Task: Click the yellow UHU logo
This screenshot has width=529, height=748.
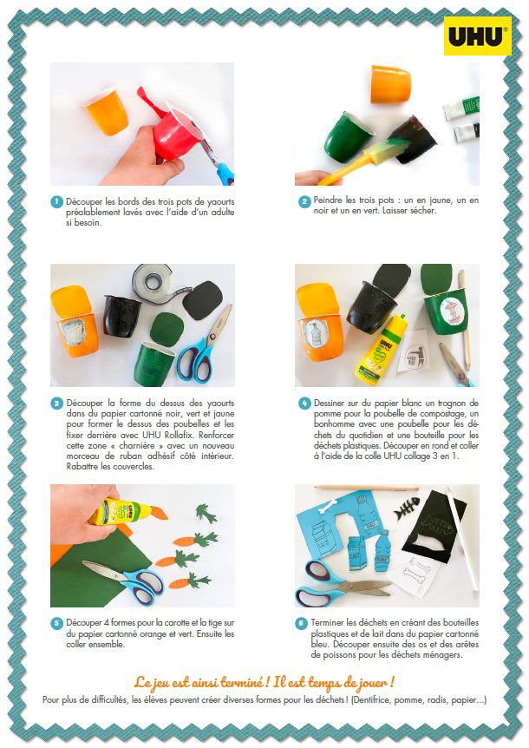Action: [x=478, y=36]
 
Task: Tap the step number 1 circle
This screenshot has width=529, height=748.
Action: [x=56, y=202]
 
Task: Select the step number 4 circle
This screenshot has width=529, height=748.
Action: [x=304, y=404]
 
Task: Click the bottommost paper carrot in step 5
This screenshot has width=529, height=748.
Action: [x=190, y=581]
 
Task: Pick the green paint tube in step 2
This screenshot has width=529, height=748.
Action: [x=460, y=108]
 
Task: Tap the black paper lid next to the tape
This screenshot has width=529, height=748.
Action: [x=203, y=300]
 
